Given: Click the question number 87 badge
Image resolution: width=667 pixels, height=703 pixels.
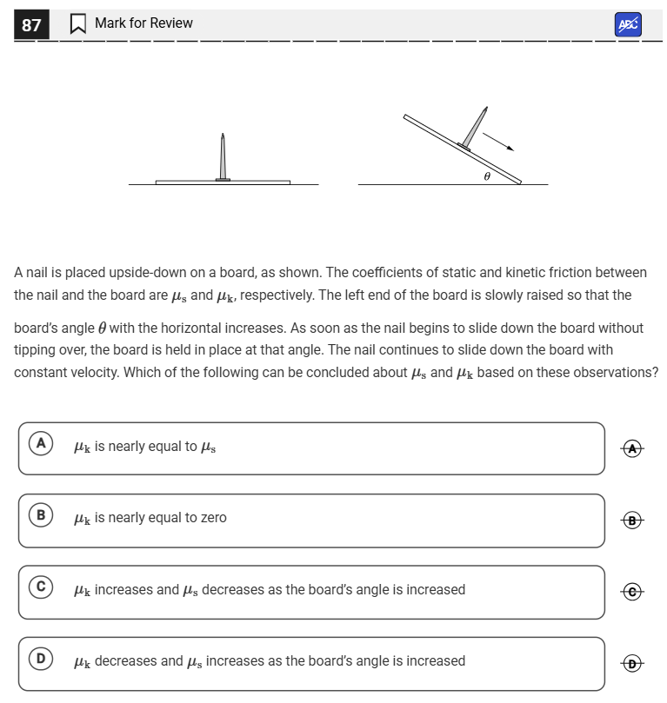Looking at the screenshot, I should [31, 24].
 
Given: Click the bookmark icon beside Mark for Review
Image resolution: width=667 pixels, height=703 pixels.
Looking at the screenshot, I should [77, 24].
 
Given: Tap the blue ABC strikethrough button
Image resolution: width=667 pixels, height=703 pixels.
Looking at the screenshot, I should [627, 24].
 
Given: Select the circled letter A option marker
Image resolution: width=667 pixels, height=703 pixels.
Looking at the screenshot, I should [40, 444].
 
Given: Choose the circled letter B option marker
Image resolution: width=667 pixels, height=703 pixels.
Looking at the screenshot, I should [40, 515].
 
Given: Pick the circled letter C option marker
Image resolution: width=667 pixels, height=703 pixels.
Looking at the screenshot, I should [40, 587].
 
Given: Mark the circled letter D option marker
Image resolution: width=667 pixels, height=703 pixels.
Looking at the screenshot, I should [40, 659].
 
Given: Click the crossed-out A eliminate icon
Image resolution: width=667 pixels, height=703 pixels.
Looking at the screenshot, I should [633, 448].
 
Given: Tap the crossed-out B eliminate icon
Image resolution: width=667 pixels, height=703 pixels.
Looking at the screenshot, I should [633, 521].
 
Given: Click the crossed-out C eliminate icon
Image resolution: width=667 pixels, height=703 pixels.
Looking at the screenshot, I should [633, 592].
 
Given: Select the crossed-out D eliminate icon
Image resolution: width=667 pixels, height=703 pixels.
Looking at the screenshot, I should [633, 664].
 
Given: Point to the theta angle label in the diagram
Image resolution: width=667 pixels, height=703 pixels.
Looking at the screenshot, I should [487, 176].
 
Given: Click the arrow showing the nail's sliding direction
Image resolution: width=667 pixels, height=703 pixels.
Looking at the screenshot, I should [498, 140].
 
